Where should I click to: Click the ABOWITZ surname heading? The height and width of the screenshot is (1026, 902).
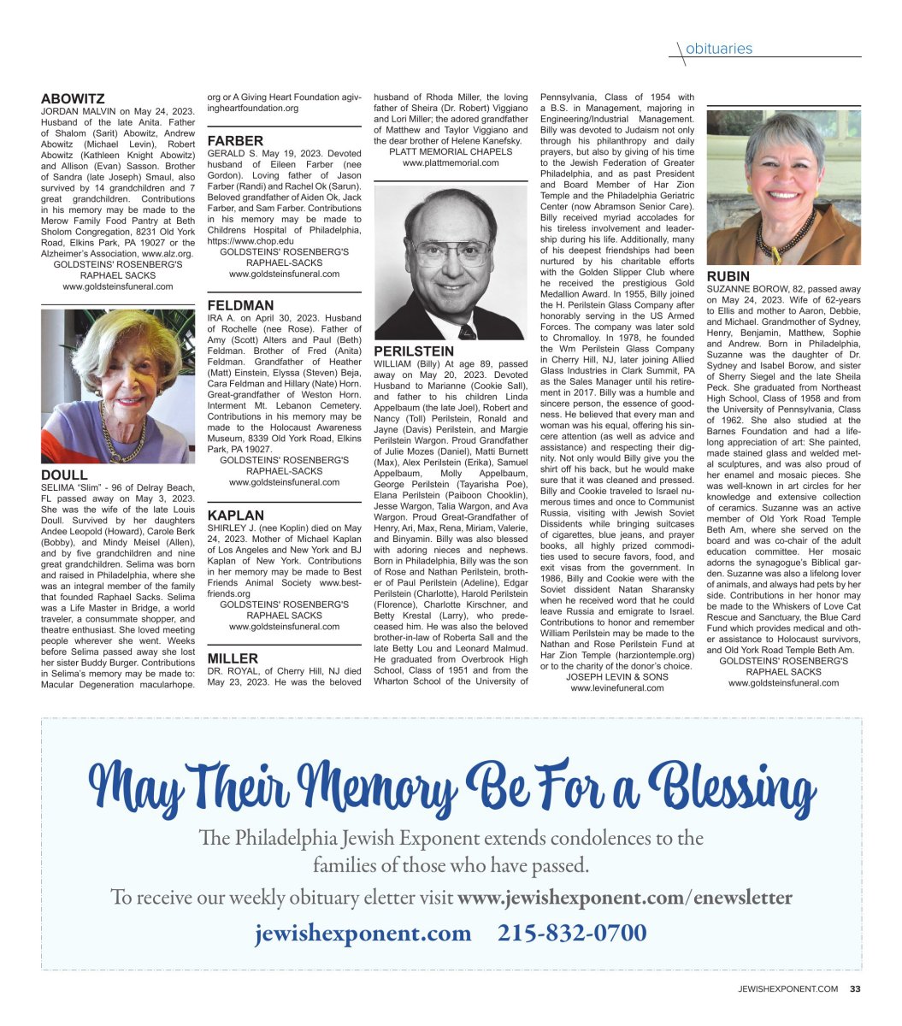click(73, 99)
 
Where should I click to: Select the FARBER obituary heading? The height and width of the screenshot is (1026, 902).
click(235, 140)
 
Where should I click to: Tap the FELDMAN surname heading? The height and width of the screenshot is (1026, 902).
click(240, 305)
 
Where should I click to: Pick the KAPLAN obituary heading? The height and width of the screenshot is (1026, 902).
click(236, 516)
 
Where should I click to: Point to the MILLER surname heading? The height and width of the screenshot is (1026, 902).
click(233, 658)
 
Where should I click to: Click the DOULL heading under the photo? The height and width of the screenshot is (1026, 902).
click(64, 475)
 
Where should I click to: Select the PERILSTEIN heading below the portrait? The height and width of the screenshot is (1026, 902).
click(414, 351)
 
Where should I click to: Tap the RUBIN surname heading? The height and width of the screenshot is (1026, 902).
click(728, 277)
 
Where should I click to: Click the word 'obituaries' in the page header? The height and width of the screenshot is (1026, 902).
click(719, 49)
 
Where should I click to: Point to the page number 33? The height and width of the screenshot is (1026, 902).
click(855, 989)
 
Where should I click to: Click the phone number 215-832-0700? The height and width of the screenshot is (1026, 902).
click(572, 932)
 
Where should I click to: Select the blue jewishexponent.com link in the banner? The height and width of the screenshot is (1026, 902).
click(363, 932)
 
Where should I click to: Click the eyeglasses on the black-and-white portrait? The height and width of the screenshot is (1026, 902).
click(450, 253)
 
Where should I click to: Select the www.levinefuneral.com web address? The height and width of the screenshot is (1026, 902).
click(617, 687)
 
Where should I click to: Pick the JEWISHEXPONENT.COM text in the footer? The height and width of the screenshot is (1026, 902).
click(788, 989)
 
